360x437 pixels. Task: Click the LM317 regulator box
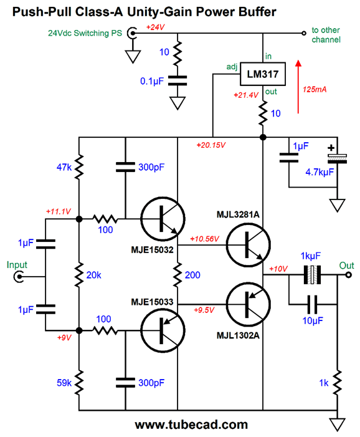263,74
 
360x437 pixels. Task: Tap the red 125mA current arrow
298,87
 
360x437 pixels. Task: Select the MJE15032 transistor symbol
163,219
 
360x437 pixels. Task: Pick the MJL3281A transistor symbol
248,245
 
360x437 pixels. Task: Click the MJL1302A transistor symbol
248,304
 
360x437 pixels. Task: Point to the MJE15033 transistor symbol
163,330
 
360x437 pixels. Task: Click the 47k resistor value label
64,167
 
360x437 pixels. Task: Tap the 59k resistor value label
64,383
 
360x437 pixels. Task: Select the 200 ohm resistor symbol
178,275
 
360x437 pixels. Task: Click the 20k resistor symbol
79,275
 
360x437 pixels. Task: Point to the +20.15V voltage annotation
211,145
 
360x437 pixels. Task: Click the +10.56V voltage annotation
205,239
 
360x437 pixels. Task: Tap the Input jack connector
19,277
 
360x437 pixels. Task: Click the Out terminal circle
349,275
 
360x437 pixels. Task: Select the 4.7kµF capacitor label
320,172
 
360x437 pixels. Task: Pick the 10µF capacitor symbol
312,304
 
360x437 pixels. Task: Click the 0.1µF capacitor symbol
178,80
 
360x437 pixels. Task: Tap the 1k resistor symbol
337,383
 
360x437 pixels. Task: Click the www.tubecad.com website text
192,425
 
